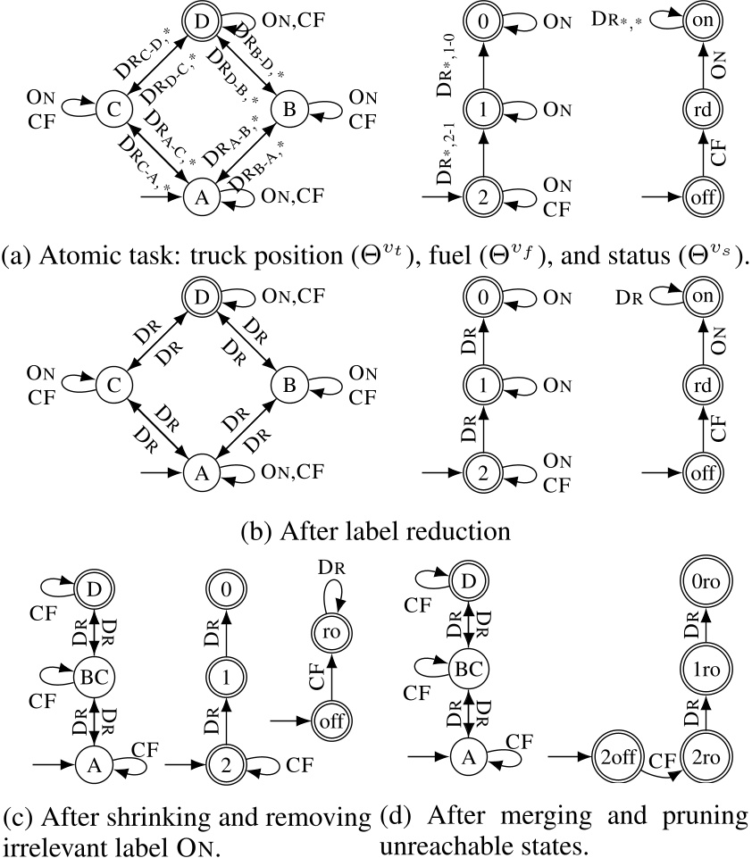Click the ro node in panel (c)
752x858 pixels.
pyautogui.click(x=329, y=629)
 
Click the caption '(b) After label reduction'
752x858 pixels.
pyautogui.click(x=375, y=529)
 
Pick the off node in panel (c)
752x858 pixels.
pyautogui.click(x=329, y=718)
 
